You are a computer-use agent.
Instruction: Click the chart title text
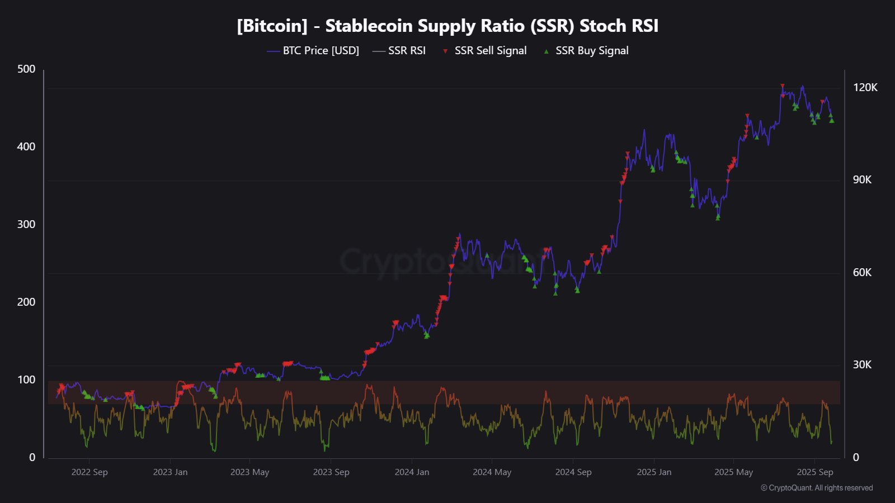pos(447,26)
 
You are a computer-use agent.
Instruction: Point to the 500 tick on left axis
pos(26,69)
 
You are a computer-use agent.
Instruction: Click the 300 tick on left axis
pos(26,225)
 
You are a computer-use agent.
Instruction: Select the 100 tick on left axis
pos(26,380)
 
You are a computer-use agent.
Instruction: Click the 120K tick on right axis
pos(865,88)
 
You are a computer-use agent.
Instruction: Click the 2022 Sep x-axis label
pos(89,472)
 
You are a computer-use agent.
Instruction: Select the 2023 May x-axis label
pos(249,472)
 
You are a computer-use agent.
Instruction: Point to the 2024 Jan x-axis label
pos(412,472)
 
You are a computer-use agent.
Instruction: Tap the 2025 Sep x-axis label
pos(815,472)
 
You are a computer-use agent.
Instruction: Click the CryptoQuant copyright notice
pos(817,488)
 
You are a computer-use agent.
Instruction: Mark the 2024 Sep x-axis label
pos(573,472)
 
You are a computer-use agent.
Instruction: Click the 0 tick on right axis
pos(856,458)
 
